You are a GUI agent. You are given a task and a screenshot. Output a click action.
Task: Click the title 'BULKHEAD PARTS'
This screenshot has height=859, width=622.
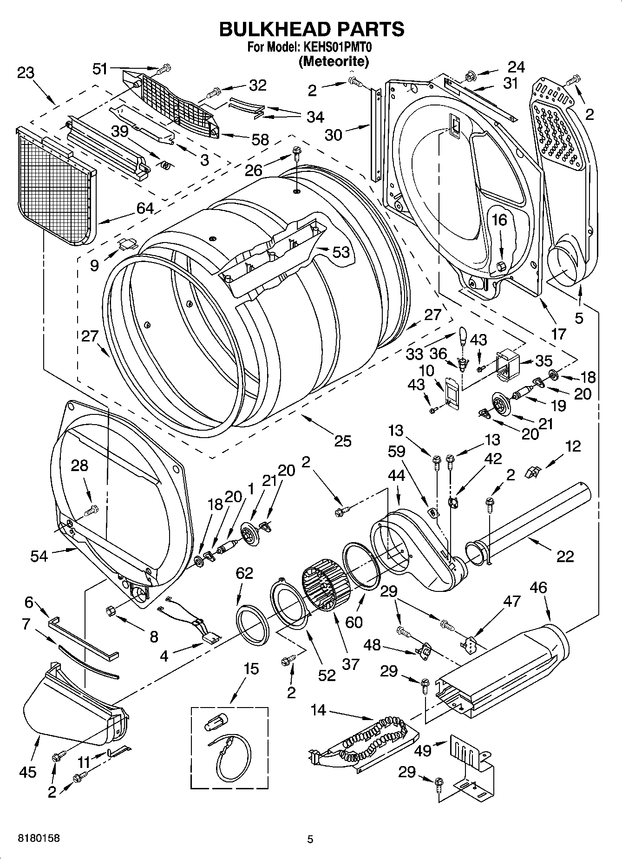tap(311, 29)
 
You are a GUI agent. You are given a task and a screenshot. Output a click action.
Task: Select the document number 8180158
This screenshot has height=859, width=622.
tap(39, 839)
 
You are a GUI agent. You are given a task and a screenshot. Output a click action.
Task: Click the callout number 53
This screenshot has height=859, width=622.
tap(340, 252)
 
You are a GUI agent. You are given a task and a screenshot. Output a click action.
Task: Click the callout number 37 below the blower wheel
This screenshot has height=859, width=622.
tap(350, 664)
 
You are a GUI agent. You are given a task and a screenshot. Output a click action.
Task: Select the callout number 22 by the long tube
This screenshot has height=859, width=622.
tap(564, 556)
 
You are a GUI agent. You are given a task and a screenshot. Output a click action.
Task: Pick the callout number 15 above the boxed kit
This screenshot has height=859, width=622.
tap(251, 669)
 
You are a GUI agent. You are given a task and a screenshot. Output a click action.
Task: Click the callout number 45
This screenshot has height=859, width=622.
tap(28, 772)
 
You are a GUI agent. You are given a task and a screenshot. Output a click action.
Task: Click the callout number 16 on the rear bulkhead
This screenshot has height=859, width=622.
tap(500, 220)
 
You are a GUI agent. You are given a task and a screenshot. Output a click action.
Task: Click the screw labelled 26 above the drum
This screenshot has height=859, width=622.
tap(296, 151)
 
